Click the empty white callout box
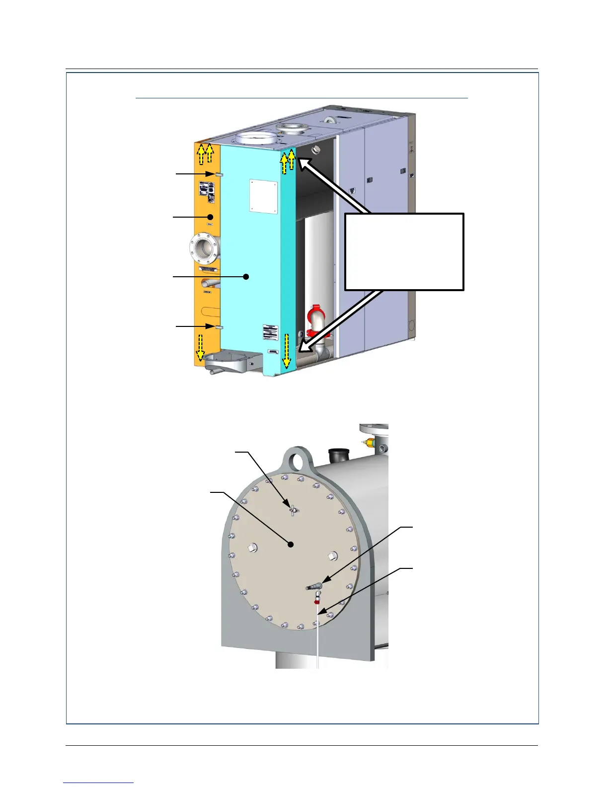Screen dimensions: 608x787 [x=404, y=251]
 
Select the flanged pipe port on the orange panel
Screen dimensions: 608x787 [x=203, y=246]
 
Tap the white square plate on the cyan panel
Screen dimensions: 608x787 [x=263, y=196]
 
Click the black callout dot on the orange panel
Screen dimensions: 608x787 [x=211, y=217]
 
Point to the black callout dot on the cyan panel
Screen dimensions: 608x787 [x=246, y=277]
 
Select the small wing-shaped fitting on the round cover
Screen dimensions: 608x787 [x=293, y=510]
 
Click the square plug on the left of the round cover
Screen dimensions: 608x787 [x=251, y=549]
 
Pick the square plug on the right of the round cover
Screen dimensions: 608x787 [x=333, y=555]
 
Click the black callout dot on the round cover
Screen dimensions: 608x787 [x=291, y=545]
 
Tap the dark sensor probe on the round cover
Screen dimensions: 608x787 [x=313, y=588]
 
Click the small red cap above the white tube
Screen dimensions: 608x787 [x=316, y=602]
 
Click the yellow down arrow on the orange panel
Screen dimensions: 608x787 [x=200, y=346]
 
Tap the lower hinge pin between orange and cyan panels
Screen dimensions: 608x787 [x=219, y=327]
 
